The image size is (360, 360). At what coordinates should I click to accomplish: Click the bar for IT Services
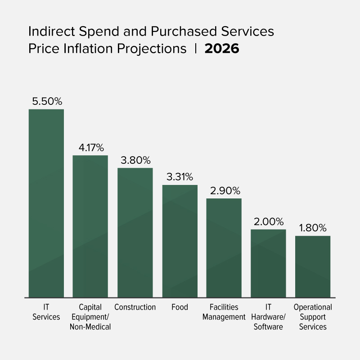[x=46, y=203]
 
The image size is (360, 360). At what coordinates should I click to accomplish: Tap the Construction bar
[x=135, y=232]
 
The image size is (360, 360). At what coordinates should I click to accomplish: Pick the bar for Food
[x=180, y=241]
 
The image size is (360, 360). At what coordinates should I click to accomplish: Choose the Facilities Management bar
[x=224, y=247]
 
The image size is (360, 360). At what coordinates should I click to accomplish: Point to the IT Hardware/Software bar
[x=268, y=263]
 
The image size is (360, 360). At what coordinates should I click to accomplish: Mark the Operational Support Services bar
[x=313, y=266]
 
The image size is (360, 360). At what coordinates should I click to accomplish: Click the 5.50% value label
[x=47, y=101]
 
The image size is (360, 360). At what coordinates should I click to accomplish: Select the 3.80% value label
[x=135, y=160]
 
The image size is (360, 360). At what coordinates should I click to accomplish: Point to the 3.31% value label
[x=180, y=177]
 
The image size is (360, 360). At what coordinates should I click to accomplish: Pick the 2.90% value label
[x=224, y=190]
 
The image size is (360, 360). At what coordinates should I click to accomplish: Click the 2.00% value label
[x=268, y=221]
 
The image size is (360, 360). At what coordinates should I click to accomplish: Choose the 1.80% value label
[x=313, y=228]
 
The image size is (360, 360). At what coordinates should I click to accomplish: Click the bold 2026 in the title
[x=222, y=49]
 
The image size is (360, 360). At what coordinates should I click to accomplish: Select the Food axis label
[x=180, y=307]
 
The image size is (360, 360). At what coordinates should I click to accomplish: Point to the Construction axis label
[x=135, y=307]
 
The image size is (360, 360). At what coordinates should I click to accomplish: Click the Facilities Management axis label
[x=224, y=312]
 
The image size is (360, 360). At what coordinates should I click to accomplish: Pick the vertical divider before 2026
[x=196, y=49]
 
